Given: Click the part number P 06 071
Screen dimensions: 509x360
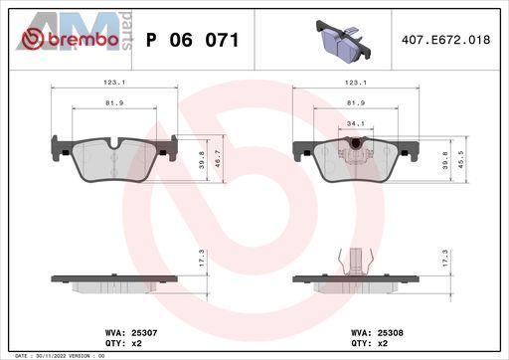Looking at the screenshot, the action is click(x=192, y=40).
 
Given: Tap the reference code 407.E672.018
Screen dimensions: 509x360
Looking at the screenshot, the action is click(x=445, y=40).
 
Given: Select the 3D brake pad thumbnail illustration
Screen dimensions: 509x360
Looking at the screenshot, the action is click(x=342, y=41).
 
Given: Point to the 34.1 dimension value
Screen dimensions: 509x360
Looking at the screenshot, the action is click(x=356, y=123).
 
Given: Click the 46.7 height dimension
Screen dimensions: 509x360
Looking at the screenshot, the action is click(x=219, y=159).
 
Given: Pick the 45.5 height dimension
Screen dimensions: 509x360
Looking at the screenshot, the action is click(x=461, y=159).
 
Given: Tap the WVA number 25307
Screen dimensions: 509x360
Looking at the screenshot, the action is click(x=144, y=332).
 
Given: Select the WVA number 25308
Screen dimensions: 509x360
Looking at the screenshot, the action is click(x=391, y=332).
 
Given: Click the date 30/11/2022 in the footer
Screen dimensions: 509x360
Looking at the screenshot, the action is click(x=44, y=356).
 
